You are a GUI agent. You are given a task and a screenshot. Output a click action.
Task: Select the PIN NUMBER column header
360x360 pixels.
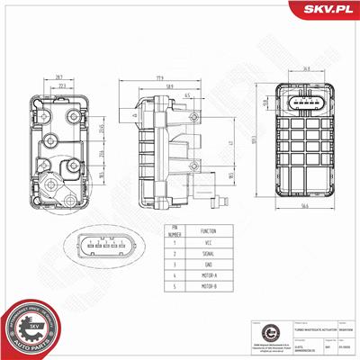click(x=175, y=230)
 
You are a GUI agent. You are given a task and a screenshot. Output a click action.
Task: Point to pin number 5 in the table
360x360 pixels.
click(x=175, y=290)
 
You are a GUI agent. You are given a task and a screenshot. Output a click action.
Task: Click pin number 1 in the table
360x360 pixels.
click(x=175, y=243)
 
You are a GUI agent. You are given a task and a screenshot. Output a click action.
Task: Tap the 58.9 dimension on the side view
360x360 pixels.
click(x=168, y=86)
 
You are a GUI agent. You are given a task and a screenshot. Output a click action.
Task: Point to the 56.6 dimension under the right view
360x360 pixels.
click(x=308, y=206)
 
